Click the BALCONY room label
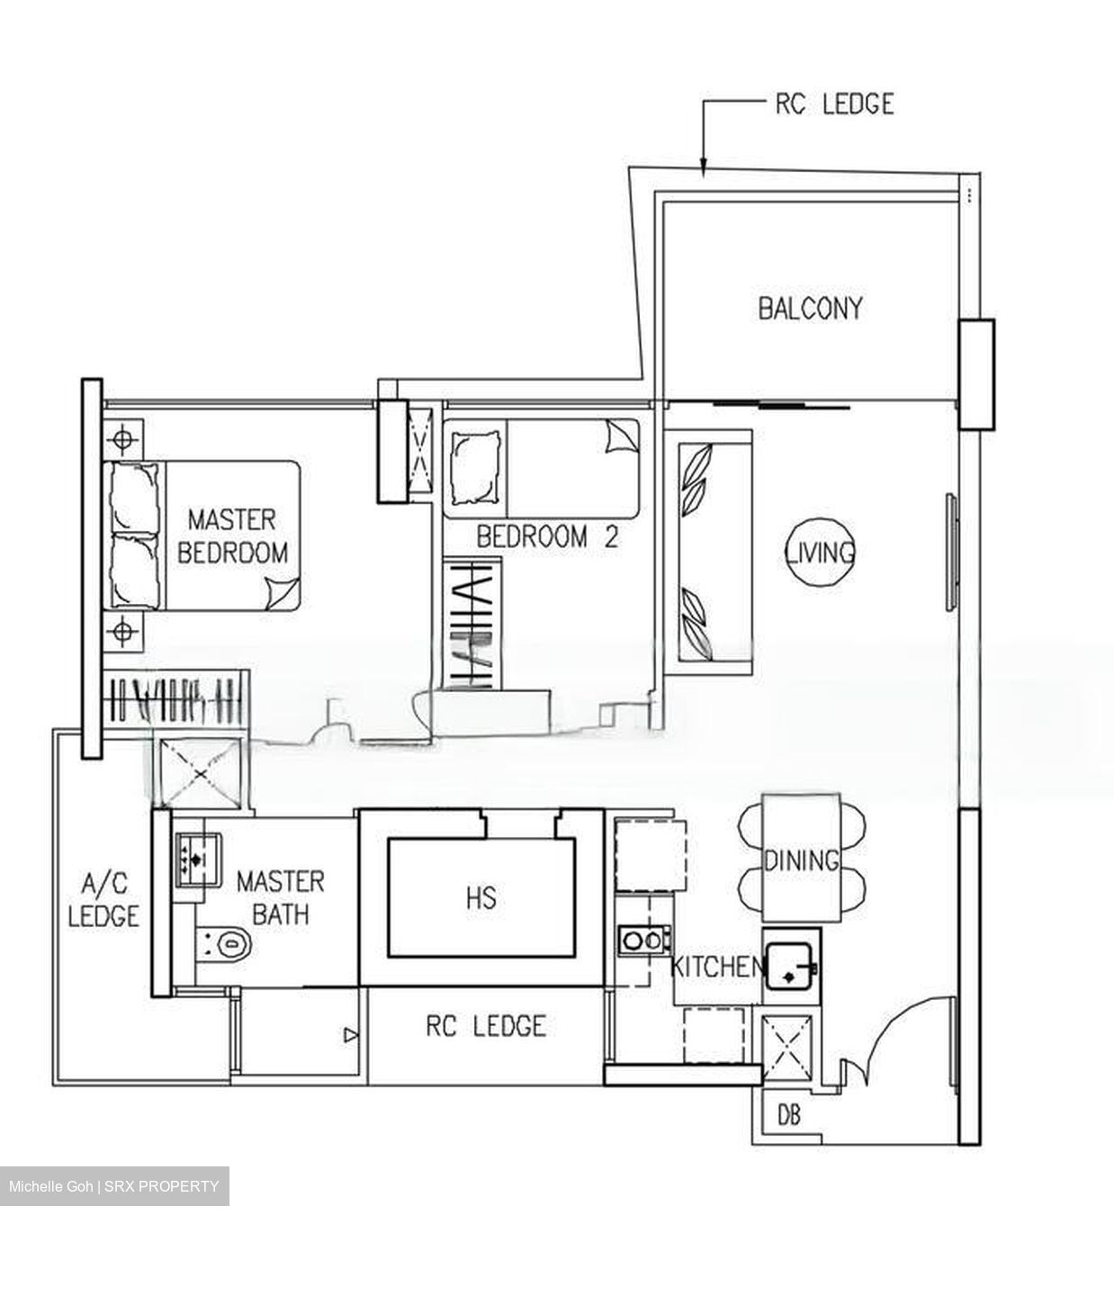click(809, 309)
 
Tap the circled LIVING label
click(820, 552)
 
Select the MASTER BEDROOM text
click(232, 535)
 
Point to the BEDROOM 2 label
click(547, 537)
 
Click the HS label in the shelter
click(481, 897)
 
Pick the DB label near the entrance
click(788, 1116)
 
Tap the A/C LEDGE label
click(103, 898)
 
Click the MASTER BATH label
click(280, 897)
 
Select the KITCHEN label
click(716, 967)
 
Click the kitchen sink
click(789, 964)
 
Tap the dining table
click(801, 859)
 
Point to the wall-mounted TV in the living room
click(949, 553)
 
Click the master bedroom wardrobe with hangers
click(174, 698)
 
